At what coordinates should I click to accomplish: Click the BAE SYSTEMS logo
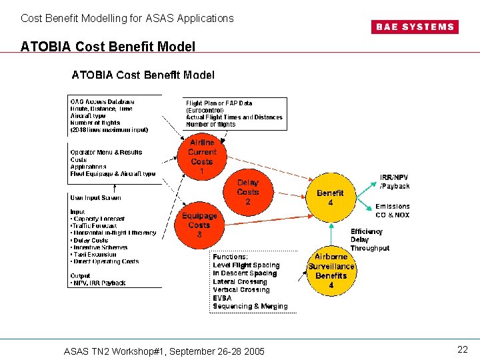click(413, 27)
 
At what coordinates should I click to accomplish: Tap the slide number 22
click(462, 349)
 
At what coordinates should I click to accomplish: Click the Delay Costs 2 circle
click(248, 192)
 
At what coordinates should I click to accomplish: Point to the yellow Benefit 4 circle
click(330, 198)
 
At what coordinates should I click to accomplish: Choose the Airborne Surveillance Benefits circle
click(331, 271)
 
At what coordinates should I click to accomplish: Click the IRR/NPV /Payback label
click(395, 182)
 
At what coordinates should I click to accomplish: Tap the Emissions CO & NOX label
click(393, 211)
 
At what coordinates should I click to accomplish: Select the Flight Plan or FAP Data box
click(235, 113)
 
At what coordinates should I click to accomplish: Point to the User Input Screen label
click(96, 197)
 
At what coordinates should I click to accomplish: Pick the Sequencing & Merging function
click(250, 307)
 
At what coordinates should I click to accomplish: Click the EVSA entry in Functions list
click(222, 298)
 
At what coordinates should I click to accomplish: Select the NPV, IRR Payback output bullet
click(99, 283)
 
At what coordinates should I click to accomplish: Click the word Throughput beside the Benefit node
click(370, 248)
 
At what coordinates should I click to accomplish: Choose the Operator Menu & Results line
click(106, 152)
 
